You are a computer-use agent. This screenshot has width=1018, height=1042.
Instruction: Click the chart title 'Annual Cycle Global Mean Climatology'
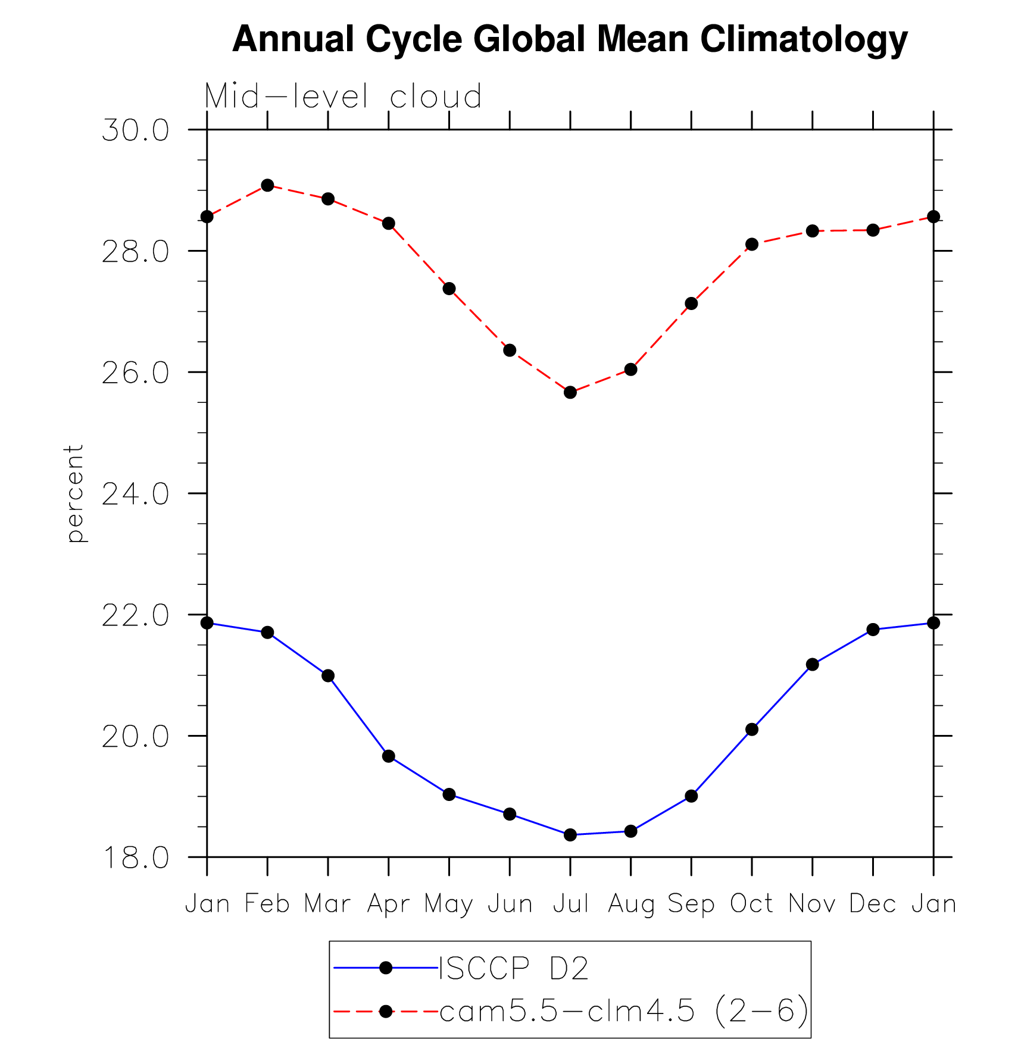coord(570,39)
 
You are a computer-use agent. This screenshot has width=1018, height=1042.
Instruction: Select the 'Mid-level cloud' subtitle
coord(343,96)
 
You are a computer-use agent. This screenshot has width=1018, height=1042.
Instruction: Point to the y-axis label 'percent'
coord(74,493)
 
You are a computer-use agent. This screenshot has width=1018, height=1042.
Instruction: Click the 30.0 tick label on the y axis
coord(136,130)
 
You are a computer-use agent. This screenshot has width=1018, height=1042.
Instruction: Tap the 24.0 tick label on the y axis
coord(136,494)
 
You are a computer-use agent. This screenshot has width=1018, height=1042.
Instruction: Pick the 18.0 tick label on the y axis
coord(136,858)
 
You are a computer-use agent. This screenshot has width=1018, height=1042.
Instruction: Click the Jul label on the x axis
coord(570,903)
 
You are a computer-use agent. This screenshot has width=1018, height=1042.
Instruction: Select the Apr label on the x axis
coord(388,903)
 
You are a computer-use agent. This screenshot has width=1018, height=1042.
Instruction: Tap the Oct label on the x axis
coord(751,903)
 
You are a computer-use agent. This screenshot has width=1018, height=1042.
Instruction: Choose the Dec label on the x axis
coord(872,903)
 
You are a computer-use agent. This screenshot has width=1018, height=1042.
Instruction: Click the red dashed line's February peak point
coord(267,185)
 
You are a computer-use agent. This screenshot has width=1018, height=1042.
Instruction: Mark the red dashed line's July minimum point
coord(570,392)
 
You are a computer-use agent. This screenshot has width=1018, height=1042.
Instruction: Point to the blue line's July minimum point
coord(570,835)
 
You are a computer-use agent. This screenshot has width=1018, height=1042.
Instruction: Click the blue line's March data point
coord(328,675)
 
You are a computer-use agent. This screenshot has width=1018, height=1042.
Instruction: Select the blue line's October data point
coord(752,729)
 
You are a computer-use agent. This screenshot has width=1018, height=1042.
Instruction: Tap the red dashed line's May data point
coord(449,289)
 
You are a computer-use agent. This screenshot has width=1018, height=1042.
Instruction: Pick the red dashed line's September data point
coord(691,303)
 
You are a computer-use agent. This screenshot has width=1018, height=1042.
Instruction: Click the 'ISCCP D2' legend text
coord(514,968)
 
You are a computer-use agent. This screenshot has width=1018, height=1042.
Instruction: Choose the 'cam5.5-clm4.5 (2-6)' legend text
coord(624,1010)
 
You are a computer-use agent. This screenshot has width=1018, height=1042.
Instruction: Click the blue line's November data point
coord(812,664)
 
